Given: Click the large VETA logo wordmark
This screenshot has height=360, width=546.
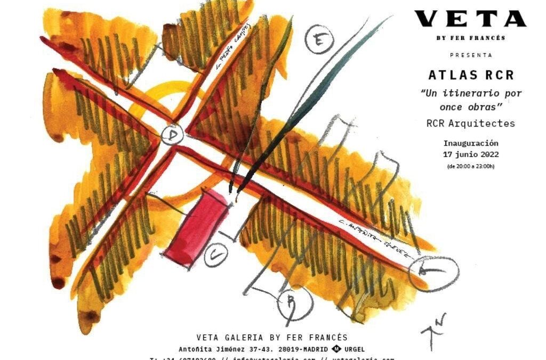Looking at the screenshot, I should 470,19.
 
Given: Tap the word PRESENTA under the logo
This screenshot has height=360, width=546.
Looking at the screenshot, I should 471,55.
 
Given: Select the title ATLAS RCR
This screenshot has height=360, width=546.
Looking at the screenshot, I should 471,75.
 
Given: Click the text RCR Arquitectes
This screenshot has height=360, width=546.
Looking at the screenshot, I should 471,124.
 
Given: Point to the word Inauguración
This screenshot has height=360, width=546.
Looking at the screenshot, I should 471,143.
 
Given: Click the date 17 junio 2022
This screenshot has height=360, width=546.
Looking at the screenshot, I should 471,155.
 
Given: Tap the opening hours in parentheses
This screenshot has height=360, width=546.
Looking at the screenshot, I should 471,166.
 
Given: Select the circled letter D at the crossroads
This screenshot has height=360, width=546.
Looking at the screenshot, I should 172,135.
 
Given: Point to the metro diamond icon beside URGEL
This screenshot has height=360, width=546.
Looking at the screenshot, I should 337,349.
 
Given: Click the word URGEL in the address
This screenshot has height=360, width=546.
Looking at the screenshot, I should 355,349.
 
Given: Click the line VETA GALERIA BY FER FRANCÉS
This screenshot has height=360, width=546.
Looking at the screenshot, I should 272,338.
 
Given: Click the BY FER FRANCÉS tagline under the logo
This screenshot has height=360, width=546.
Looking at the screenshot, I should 471,38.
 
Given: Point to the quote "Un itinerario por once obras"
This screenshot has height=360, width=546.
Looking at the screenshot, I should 471,99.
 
